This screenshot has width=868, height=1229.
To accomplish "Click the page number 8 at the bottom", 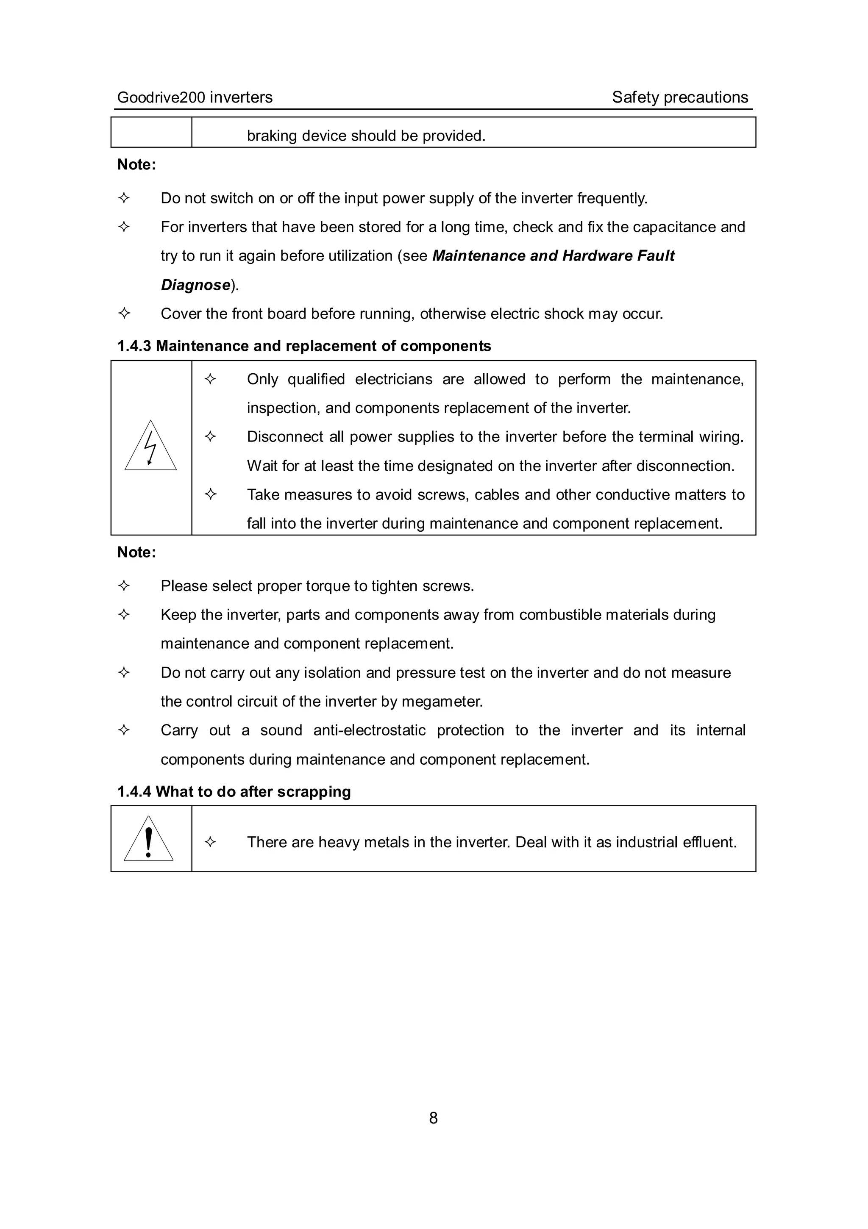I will tap(433, 1118).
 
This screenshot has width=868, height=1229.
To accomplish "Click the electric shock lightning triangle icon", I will tap(150, 447).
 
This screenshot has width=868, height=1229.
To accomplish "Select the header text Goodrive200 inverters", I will tap(195, 97).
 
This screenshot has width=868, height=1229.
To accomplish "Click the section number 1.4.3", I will tap(134, 346).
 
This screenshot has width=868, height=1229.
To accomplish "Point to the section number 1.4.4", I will tap(134, 792).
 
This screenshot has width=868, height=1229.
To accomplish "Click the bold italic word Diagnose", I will tap(195, 285).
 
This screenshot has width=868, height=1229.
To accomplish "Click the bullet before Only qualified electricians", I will tap(211, 380).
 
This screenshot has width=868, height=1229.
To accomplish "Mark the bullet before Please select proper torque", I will tap(124, 586).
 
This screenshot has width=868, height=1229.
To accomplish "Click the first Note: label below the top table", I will tap(136, 165).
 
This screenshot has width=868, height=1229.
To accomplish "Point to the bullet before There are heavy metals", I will tap(211, 843).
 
